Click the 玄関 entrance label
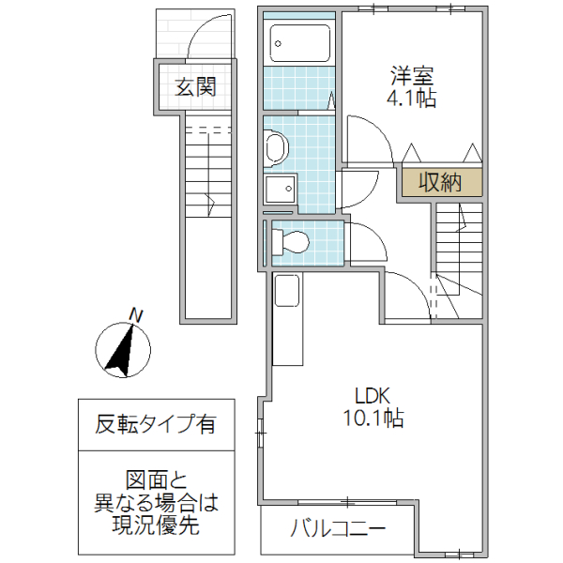coord(195,87)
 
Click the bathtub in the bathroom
coord(299,43)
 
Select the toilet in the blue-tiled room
coord(290,242)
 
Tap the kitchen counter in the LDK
coord(287,319)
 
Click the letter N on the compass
coord(137,315)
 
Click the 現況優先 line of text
coord(155,526)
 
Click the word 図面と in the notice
coord(155,479)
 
